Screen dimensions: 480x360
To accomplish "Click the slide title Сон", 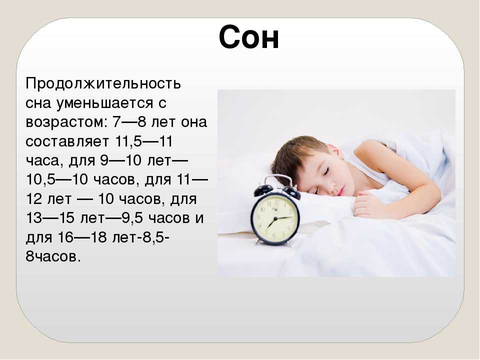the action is tap(249, 37).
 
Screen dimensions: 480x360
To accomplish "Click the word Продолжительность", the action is tap(103, 83).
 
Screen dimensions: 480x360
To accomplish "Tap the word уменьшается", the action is tap(104, 103).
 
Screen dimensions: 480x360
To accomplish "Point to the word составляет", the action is tap(67, 141).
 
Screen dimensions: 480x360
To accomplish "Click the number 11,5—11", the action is tap(144, 141).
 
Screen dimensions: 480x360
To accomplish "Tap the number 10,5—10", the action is tap(57, 179).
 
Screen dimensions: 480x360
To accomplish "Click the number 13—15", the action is tap(50, 218).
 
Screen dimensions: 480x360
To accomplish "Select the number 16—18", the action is tap(81, 237).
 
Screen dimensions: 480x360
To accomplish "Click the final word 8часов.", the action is tap(53, 256).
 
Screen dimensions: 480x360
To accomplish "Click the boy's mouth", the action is tap(340, 192).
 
